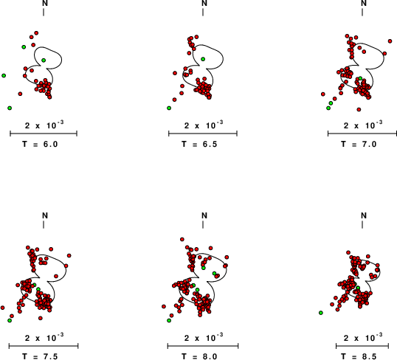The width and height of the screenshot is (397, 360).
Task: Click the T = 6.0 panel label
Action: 40,144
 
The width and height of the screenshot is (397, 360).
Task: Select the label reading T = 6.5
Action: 199,144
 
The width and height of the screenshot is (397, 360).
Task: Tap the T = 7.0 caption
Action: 359,144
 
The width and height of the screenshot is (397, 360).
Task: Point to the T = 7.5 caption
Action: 40,356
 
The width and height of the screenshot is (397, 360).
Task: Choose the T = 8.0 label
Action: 199,356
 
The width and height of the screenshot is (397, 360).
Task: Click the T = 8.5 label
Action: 359,356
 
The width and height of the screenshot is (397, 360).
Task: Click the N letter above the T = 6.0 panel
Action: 45,3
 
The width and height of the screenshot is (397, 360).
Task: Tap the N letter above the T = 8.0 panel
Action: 204,215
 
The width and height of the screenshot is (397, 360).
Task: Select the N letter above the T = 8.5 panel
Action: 364,215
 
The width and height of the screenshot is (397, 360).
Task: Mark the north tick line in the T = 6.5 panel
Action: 203,12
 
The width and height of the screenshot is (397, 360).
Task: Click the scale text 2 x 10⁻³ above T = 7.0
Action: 363,125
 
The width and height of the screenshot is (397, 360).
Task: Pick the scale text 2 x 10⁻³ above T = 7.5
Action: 44,337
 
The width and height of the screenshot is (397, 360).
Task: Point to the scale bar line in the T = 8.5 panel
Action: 362,346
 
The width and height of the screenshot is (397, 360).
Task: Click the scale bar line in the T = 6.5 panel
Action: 203,134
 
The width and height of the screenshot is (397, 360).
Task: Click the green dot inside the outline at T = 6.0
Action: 44,60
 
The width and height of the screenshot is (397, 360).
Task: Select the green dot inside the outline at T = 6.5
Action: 203,59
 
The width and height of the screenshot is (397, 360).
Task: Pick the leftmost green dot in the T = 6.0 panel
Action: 4,76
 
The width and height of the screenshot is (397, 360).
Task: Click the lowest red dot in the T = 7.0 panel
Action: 359,110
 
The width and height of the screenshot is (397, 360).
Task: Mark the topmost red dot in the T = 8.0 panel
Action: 182,239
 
